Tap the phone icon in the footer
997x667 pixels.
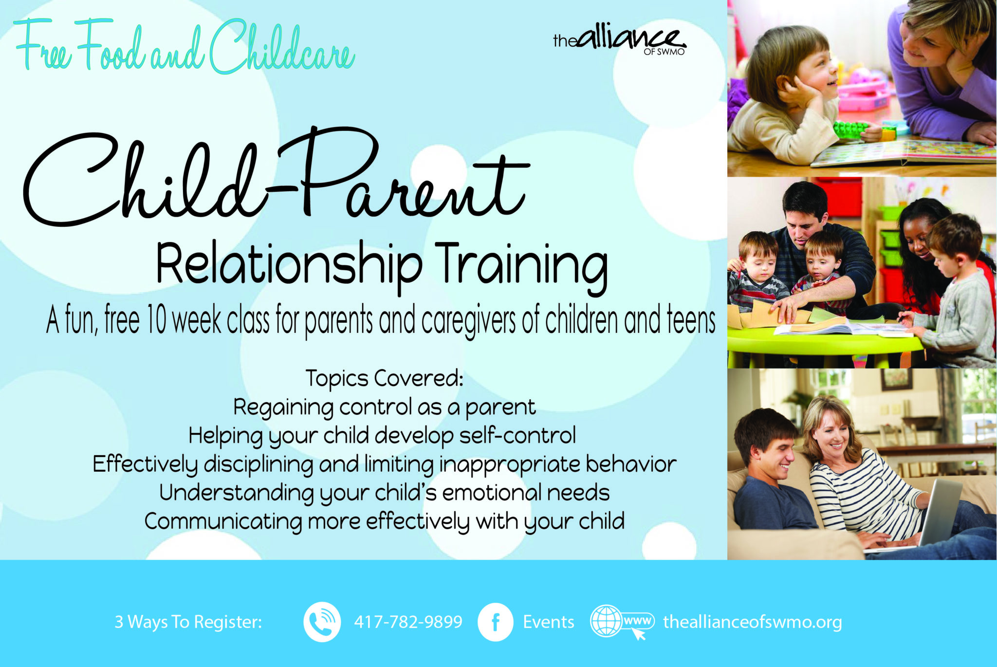coord(322,622)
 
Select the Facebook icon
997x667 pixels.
coord(496,622)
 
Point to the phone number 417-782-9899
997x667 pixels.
coord(408,622)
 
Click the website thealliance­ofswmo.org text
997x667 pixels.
coord(752,622)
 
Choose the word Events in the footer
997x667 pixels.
coord(549,622)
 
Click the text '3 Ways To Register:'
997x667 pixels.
coord(188,622)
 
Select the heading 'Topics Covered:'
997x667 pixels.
coord(384,378)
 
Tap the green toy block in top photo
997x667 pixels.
coord(850,130)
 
